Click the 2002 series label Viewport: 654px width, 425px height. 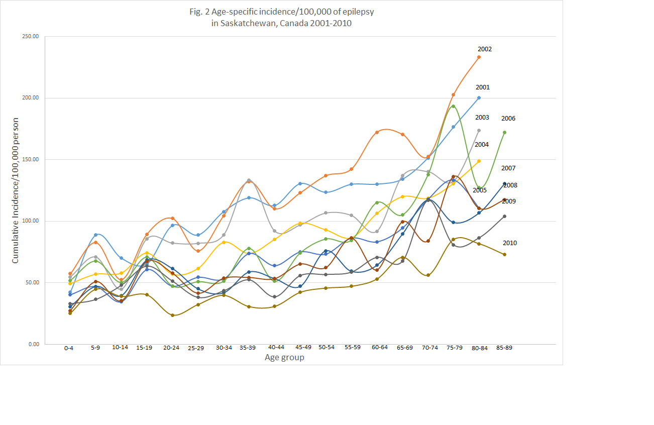tap(485, 49)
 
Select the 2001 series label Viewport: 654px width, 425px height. tap(482, 87)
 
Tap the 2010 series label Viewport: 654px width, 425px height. tap(509, 243)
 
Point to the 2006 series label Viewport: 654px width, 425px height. tap(508, 119)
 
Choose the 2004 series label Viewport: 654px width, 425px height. tap(482, 145)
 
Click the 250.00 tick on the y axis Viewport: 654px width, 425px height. tap(32, 37)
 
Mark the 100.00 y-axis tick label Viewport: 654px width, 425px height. tap(32, 221)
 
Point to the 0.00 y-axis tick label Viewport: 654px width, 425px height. tap(33, 344)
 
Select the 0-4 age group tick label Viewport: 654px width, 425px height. tap(69, 348)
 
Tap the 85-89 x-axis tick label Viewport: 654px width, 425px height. tap(504, 348)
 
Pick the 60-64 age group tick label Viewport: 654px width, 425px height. tap(376, 348)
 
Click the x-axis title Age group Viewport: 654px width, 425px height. tap(284, 358)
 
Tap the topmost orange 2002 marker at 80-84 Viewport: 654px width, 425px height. tap(479, 57)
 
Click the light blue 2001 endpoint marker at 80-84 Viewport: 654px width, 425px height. tap(479, 98)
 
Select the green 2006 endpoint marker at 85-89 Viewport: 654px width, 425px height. tap(504, 133)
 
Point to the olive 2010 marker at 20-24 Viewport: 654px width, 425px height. tap(172, 315)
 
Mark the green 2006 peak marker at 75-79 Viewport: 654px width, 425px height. tap(453, 106)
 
